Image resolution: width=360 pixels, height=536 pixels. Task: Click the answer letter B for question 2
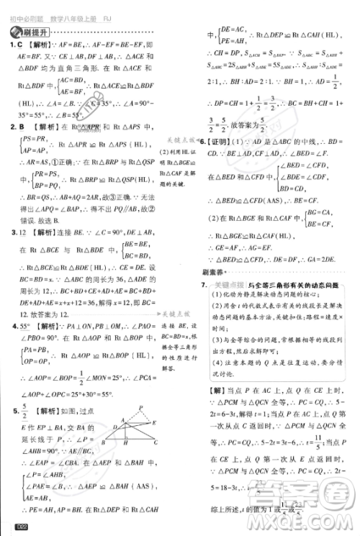pyautogui.click(x=22, y=127)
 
